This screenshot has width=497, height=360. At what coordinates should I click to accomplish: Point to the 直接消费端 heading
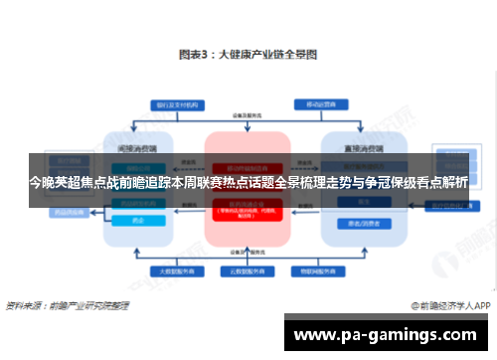(359, 145)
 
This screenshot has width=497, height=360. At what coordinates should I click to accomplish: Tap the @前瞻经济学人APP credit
(444, 304)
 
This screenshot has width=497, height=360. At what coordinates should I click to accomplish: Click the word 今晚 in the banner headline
(42, 182)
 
